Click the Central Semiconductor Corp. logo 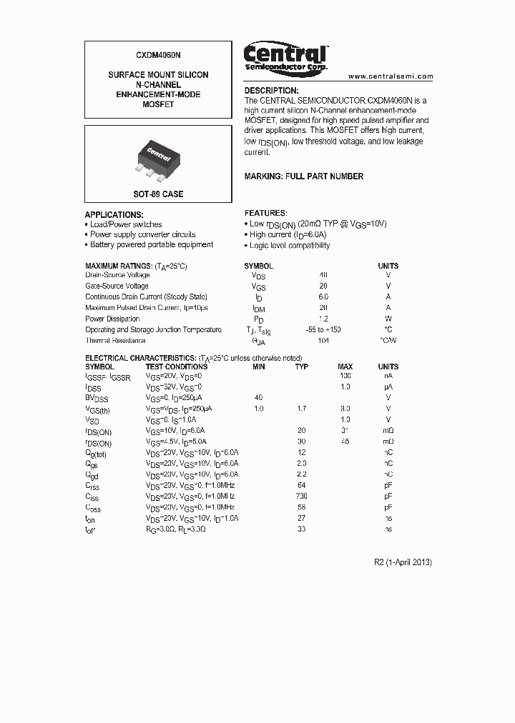[285, 56]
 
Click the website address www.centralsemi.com [391, 76]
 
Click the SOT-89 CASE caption [158, 194]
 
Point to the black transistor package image [158, 158]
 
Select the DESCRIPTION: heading [271, 91]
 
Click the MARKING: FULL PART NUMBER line [304, 176]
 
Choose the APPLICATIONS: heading [114, 214]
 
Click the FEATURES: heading [266, 213]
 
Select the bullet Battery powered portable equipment [151, 244]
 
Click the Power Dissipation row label [112, 319]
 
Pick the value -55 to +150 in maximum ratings [323, 329]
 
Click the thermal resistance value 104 [323, 341]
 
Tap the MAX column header [345, 367]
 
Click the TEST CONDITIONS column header [176, 367]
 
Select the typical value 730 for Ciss [302, 497]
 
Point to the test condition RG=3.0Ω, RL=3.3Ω [180, 529]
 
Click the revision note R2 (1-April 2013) [403, 562]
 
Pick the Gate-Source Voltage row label [117, 286]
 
